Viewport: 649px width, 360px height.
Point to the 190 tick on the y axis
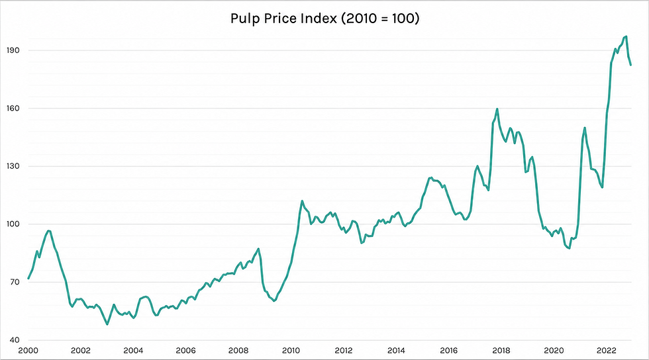(13, 50)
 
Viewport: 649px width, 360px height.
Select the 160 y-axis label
(13, 109)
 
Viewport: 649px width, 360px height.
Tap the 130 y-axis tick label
(13, 166)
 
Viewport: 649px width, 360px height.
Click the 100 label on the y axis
(13, 224)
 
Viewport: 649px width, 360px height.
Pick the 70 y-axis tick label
(15, 282)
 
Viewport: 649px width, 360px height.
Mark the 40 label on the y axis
(15, 340)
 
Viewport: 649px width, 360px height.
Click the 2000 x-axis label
(28, 351)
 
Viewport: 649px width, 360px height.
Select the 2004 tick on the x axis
(133, 351)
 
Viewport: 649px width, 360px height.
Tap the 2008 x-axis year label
(238, 351)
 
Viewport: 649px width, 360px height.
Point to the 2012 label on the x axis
(344, 351)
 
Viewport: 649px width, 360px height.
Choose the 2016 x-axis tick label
(449, 351)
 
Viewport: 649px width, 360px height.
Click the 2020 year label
(554, 351)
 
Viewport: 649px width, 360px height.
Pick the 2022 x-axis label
(607, 351)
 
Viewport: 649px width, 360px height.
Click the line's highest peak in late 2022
(626, 36)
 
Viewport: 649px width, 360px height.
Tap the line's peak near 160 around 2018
(497, 109)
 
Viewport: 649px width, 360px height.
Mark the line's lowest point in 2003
(107, 324)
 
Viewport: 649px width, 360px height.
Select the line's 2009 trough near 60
(274, 301)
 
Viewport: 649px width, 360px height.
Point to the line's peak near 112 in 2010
(302, 201)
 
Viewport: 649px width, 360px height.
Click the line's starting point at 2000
(28, 279)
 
